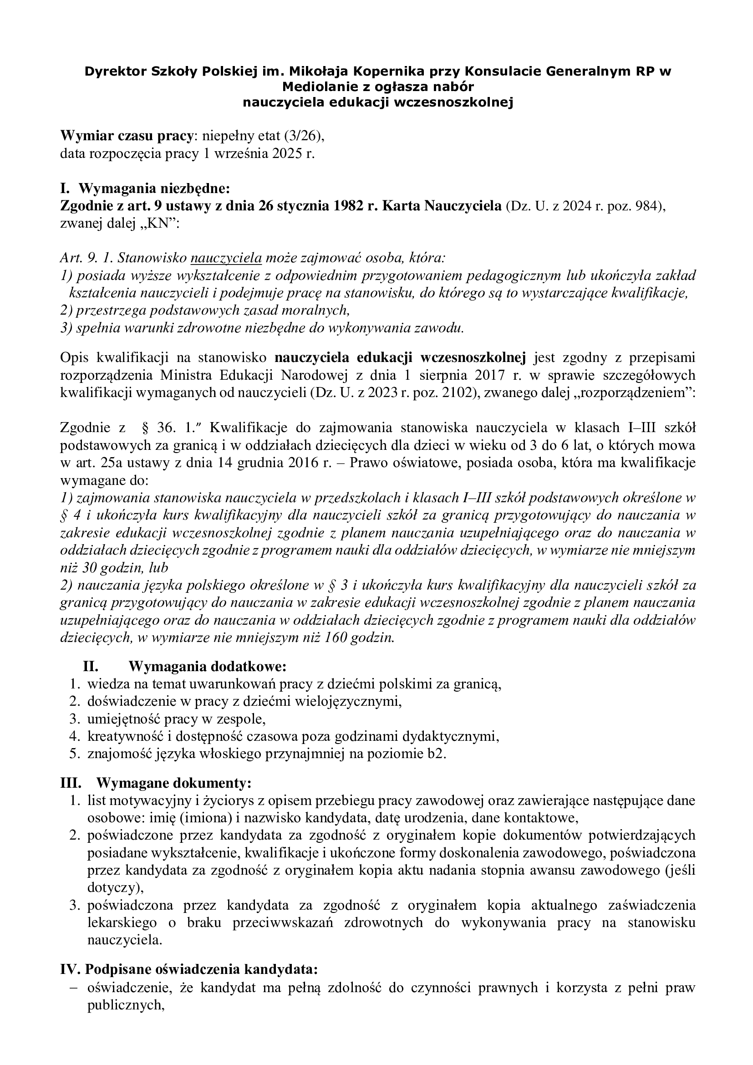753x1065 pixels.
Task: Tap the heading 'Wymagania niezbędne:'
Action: [154, 189]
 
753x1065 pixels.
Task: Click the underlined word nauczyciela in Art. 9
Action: [226, 258]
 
